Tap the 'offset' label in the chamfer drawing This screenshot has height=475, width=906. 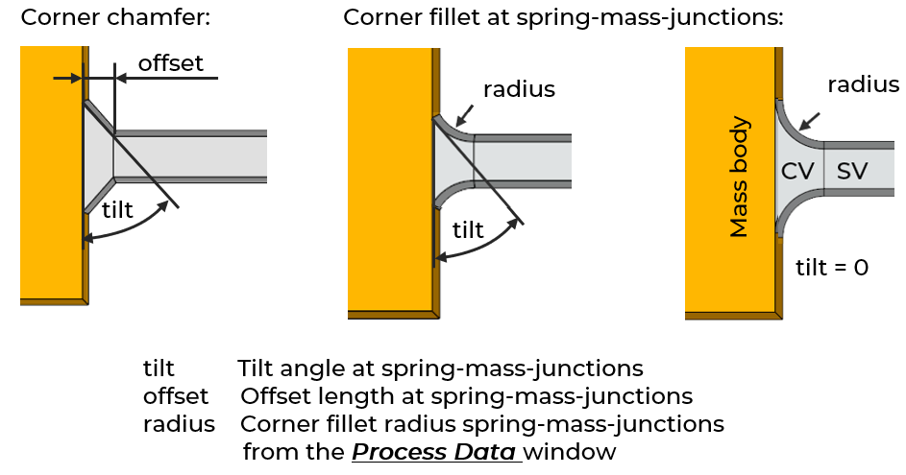tap(171, 63)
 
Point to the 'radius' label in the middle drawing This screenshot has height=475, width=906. tap(519, 90)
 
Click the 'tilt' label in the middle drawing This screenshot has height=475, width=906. tap(468, 229)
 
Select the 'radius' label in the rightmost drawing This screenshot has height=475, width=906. tap(864, 84)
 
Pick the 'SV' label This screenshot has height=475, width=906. tap(852, 172)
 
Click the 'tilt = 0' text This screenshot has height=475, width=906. tap(833, 267)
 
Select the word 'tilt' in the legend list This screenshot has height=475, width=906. tap(159, 368)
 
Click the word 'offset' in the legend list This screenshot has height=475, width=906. tap(176, 396)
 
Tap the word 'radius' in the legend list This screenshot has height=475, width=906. tap(179, 424)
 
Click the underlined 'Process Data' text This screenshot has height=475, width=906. tap(436, 451)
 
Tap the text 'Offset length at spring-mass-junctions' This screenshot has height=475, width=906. tap(467, 396)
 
